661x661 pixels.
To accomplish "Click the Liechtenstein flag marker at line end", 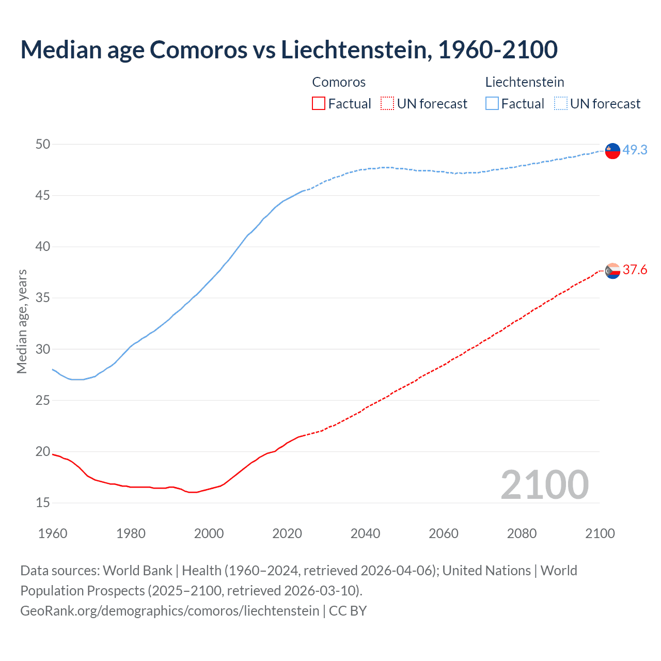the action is tap(612, 150).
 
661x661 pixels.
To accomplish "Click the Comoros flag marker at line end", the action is tap(612, 271).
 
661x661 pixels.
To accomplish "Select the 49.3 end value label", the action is tap(635, 150).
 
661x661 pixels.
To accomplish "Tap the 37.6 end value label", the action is tap(635, 270).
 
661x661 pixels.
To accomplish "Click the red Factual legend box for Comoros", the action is tap(319, 103).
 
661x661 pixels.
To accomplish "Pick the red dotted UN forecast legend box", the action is tap(387, 103).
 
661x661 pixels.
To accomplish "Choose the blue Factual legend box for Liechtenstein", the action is tap(492, 103).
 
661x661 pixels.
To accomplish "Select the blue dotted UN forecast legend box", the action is tap(560, 103).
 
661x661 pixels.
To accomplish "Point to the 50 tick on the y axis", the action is tap(43, 144).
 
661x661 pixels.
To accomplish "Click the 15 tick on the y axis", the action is tap(43, 502).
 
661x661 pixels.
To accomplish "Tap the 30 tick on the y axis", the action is tap(43, 349).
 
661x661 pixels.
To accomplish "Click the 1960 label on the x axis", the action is tap(53, 533).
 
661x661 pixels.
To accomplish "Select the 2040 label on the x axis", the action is tap(365, 533).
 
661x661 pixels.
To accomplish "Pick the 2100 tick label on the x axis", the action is tap(600, 533).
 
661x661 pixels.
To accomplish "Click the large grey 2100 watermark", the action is tap(544, 484).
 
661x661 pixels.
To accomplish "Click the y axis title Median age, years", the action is tap(22, 321).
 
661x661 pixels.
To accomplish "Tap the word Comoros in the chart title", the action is tap(199, 50).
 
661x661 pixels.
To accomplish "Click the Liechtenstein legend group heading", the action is tap(525, 82).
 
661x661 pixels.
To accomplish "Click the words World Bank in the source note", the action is tap(137, 570).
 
